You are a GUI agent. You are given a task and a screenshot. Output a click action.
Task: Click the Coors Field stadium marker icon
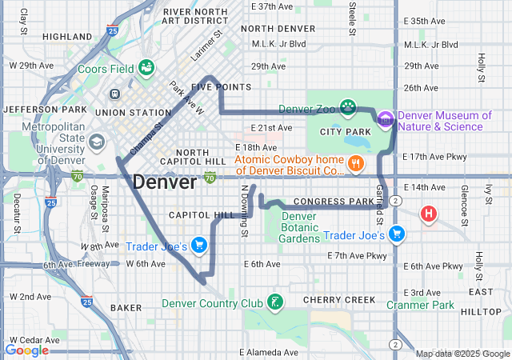146,69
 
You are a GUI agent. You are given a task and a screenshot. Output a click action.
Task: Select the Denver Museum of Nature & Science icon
386,120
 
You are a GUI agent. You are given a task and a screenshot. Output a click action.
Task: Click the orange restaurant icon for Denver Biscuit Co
356,165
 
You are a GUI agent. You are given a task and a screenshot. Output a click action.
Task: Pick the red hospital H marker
430,214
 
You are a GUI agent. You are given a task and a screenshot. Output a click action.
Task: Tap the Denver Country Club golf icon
275,302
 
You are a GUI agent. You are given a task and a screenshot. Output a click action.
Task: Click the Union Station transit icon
115,94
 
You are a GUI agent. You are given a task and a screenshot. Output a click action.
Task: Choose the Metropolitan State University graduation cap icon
97,142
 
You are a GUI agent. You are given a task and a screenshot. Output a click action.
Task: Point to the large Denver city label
164,182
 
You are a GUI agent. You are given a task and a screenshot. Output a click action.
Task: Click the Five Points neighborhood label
222,87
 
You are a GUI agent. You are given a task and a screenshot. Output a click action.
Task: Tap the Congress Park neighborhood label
339,201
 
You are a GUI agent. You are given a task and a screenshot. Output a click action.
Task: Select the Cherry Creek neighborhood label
339,300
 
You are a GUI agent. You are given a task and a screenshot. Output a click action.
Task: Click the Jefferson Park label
44,109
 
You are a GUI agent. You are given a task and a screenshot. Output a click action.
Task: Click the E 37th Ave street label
272,6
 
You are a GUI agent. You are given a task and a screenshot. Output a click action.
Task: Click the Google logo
26,350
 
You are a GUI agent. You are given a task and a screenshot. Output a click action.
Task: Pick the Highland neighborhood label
67,37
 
